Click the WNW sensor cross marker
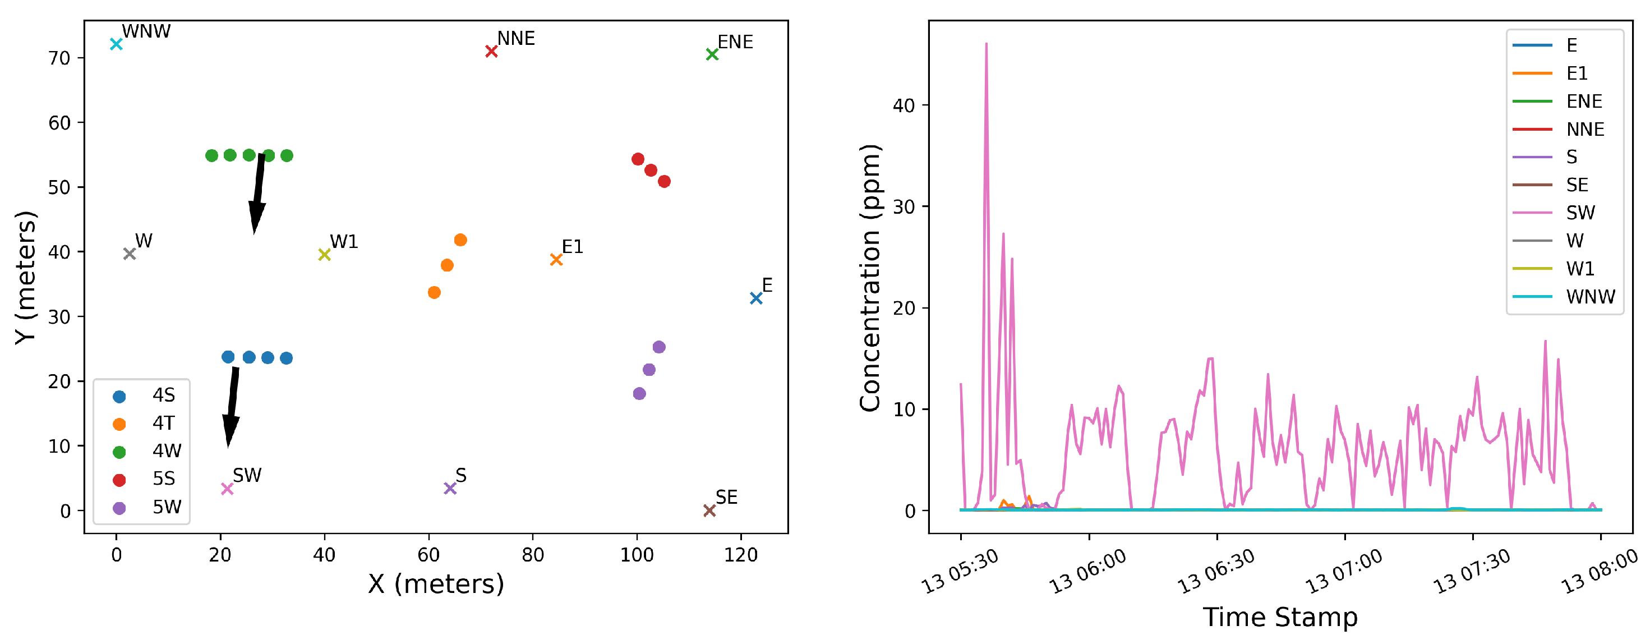click(x=116, y=44)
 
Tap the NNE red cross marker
click(x=491, y=51)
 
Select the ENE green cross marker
click(x=712, y=54)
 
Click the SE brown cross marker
click(x=709, y=510)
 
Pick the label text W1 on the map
click(x=344, y=242)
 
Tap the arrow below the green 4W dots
click(x=257, y=192)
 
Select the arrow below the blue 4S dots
click(x=232, y=405)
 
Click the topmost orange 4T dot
click(x=460, y=240)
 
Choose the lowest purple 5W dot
click(x=639, y=393)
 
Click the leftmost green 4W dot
click(x=211, y=156)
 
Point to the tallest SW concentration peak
click(x=986, y=45)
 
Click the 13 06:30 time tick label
click(x=1215, y=572)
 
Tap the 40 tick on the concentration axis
click(x=903, y=105)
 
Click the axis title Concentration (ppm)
click(x=870, y=278)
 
